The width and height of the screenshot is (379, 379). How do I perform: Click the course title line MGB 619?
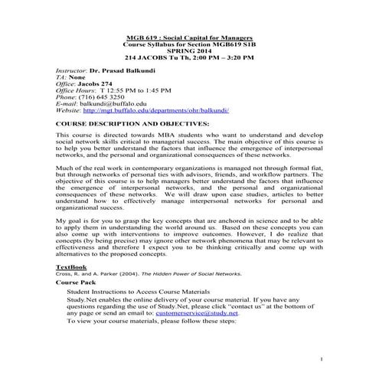coord(188,38)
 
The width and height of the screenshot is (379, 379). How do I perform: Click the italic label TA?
coord(61,77)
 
